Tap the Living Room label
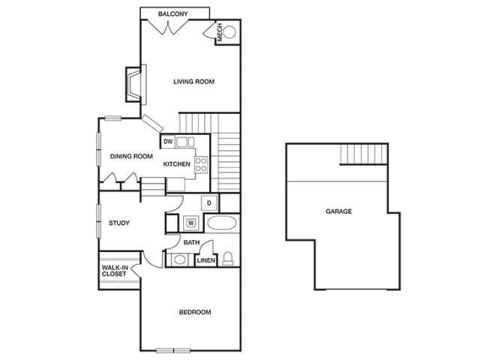(195, 82)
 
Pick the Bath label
(190, 242)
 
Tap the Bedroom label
(194, 312)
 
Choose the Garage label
(339, 212)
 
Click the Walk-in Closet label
(116, 271)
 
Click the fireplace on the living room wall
(134, 82)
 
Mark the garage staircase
(363, 155)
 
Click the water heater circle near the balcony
(228, 31)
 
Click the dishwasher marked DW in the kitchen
(169, 140)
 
